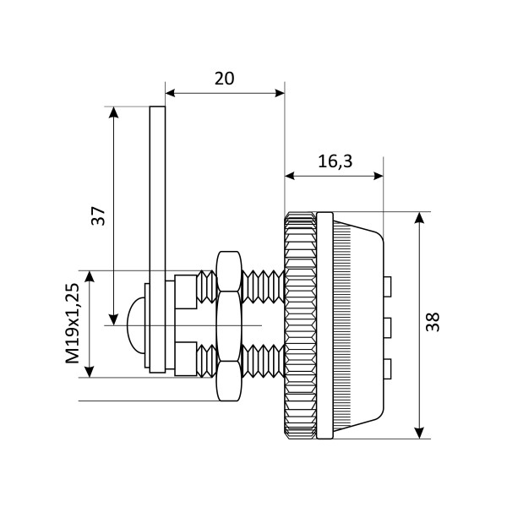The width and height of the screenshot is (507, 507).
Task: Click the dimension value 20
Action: click(223, 79)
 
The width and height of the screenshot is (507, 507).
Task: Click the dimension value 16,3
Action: click(335, 162)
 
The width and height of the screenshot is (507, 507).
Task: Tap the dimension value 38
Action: click(435, 324)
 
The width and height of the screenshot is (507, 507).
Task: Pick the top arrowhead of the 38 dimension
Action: click(420, 216)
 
